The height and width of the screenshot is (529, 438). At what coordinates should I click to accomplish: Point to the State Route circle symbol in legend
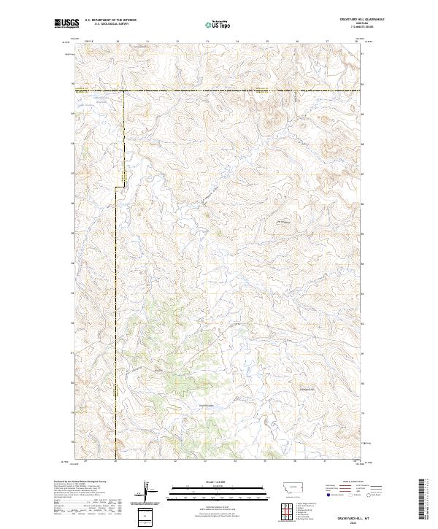[x=369, y=495]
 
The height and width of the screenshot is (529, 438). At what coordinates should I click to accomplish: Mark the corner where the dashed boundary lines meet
[x=122, y=91]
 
